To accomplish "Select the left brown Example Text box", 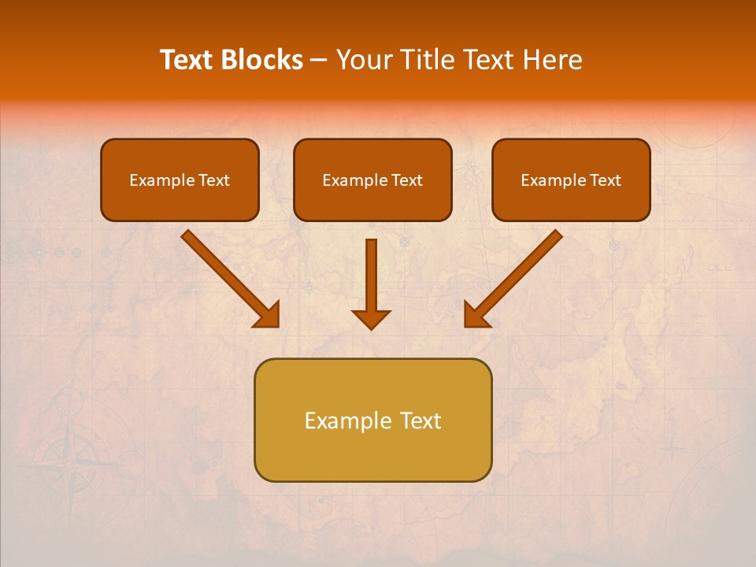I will point(180,180).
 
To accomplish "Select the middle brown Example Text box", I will point(372,180).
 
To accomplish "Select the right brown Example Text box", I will point(571,180).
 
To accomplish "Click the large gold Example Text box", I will point(372,420).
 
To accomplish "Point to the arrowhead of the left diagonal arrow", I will point(267,315).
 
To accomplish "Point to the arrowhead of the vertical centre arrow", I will point(371,319).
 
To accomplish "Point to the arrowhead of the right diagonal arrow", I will point(476,315).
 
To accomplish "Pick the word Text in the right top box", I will point(605,180).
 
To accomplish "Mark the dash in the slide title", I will point(319,60).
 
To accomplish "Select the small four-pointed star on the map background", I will point(671,450).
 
